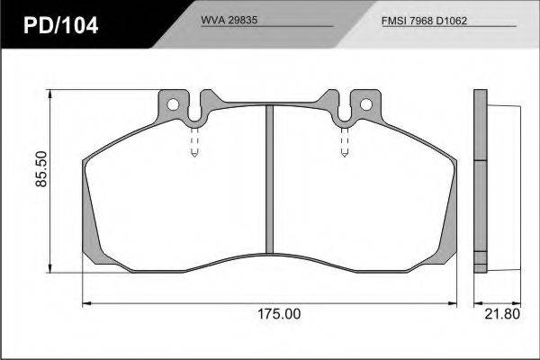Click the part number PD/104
coord(60,25)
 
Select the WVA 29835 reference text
coord(229,20)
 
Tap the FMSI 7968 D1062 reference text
coord(424,21)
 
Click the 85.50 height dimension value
coord(41,169)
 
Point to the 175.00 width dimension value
coord(279,314)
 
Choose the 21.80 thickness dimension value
coord(502,314)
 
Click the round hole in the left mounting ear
coord(173,104)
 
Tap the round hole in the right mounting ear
coord(366,104)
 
